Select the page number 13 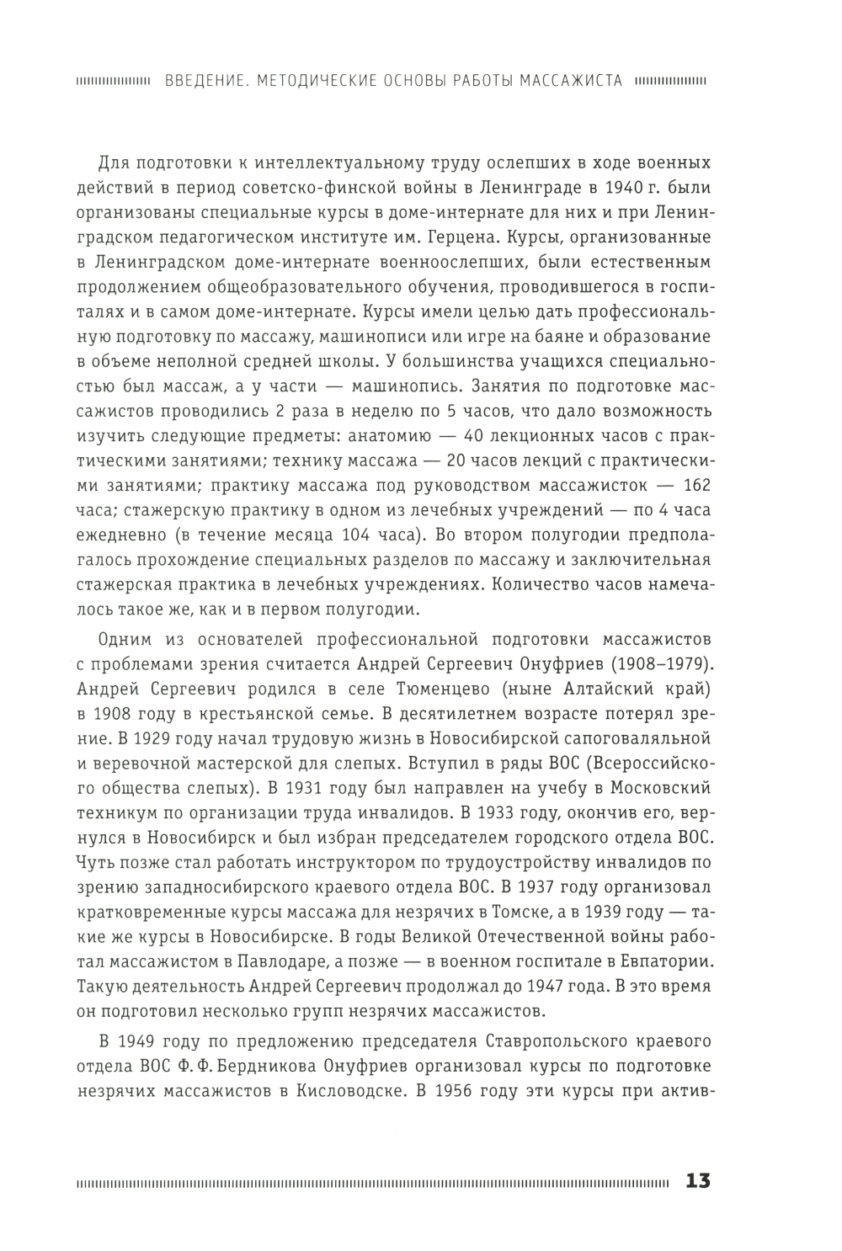pos(698,1180)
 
